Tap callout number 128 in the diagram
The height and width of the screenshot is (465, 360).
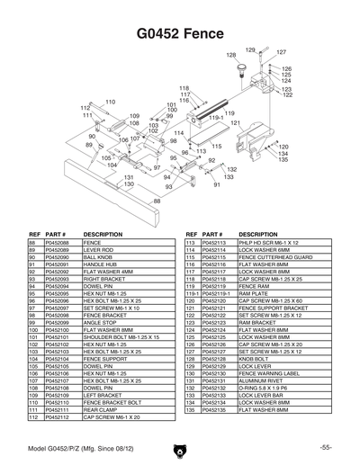coord(230,55)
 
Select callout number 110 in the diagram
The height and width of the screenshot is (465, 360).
coord(111,102)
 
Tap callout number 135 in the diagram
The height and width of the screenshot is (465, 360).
coord(257,159)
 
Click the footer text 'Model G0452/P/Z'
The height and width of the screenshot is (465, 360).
coord(56,447)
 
